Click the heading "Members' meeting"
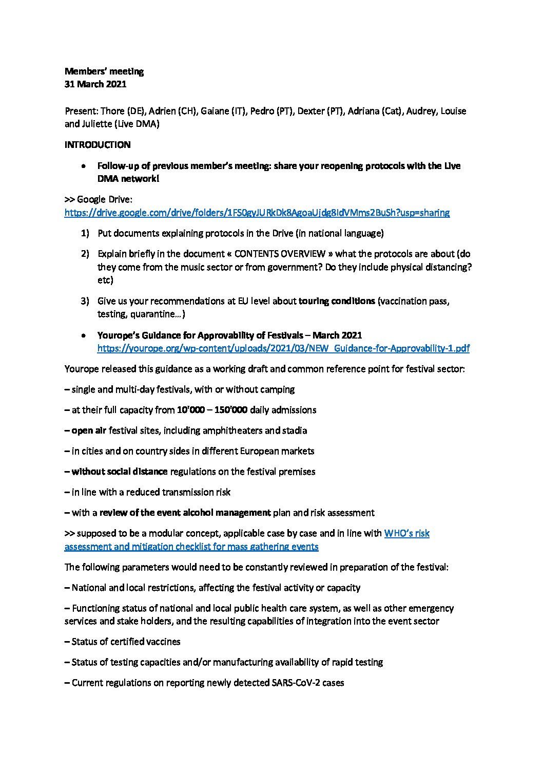[104, 71]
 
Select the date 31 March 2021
[95, 84]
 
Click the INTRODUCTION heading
[97, 145]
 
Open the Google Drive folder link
[257, 213]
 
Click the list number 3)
[85, 301]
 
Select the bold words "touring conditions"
[337, 301]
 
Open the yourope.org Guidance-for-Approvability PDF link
[283, 348]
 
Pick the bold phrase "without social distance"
[120, 472]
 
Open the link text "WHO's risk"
[406, 533]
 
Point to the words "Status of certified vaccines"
[126, 642]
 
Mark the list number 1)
[85, 233]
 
